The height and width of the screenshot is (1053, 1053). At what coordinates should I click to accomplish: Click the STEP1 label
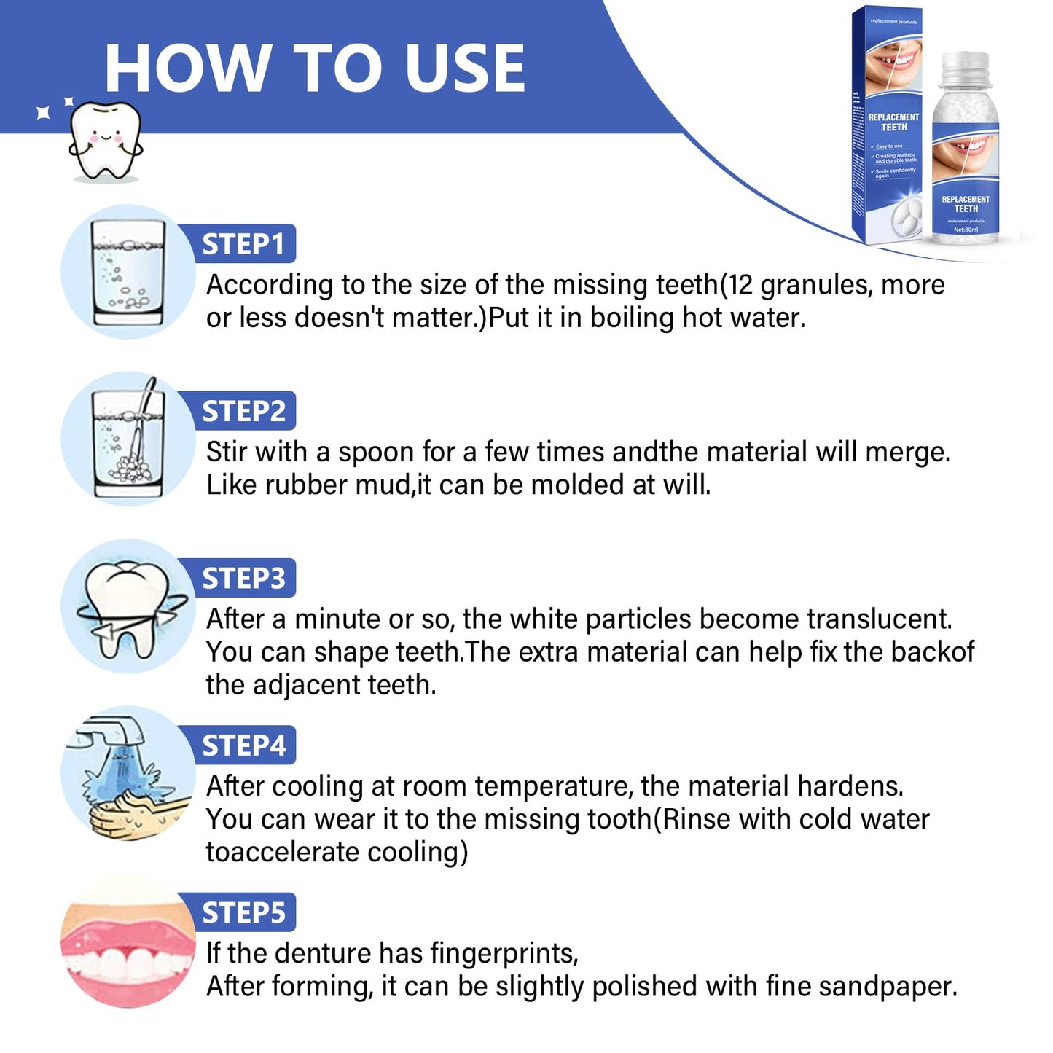(243, 244)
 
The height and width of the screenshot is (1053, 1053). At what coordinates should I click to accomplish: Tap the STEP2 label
(243, 411)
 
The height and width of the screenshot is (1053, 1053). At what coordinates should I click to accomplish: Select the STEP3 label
(243, 578)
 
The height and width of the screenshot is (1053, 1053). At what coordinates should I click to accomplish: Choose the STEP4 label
(243, 745)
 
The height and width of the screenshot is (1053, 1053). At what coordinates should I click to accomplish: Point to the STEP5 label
(243, 912)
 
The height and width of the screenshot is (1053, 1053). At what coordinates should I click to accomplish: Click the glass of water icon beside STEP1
(128, 273)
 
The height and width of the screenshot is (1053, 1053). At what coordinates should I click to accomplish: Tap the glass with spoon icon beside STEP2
(128, 439)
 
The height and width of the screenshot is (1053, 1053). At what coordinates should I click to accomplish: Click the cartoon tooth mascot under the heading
(105, 141)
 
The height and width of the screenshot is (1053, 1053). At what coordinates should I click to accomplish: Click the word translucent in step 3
(879, 619)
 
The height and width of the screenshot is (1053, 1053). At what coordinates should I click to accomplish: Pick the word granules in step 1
(816, 285)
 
